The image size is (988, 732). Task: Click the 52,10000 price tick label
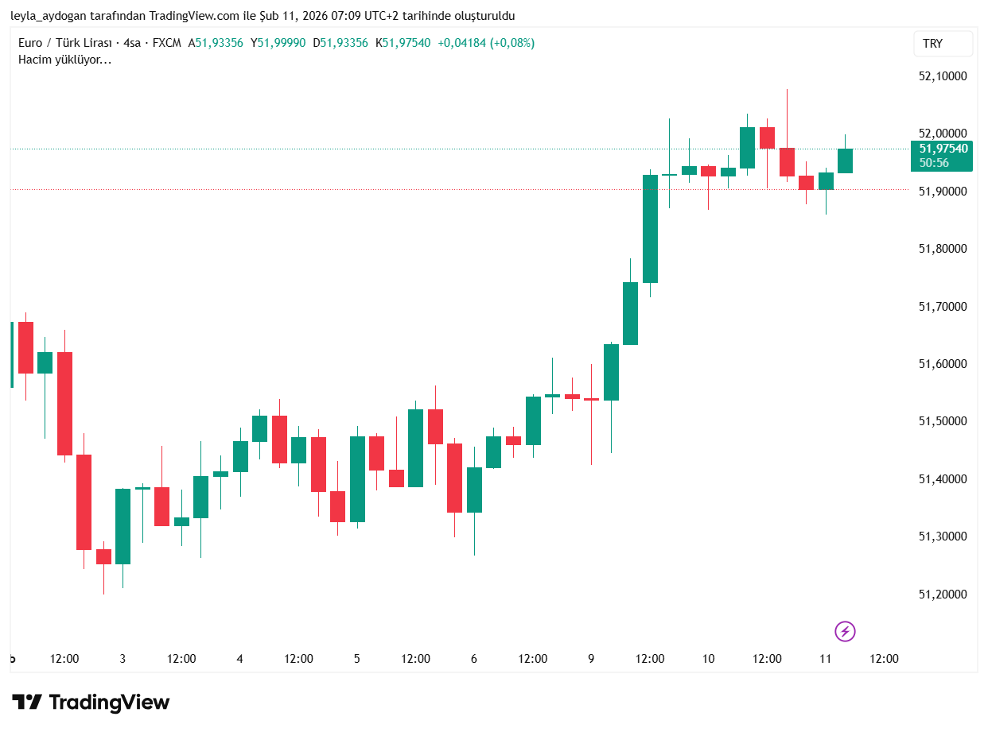942,76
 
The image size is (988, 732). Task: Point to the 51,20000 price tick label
942,595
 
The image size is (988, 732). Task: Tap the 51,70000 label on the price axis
942,307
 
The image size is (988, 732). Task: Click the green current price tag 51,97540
943,149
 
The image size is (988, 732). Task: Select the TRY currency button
942,44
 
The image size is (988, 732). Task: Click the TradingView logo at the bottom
91,703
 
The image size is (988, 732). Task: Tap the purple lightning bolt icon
845,632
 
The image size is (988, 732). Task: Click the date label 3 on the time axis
123,659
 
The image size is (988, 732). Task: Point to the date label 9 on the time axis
591,659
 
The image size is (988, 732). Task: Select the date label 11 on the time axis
825,659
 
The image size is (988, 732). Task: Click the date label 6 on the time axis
474,659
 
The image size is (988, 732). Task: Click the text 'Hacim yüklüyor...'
64,60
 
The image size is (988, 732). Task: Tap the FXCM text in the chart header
166,43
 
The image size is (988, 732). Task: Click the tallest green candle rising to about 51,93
650,229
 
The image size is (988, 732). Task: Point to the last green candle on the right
845,161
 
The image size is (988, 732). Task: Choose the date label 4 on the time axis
239,659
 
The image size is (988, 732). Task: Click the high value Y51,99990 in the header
278,43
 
